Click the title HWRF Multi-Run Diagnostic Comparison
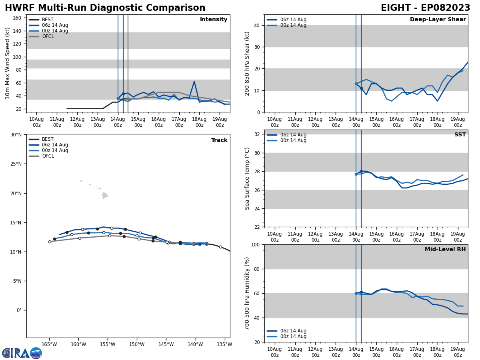point(105,8)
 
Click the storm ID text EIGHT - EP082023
point(425,8)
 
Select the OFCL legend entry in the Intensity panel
point(48,36)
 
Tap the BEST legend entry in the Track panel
point(48,139)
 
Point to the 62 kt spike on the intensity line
point(194,82)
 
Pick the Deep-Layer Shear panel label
point(438,20)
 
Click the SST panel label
point(460,135)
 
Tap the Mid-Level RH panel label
point(445,250)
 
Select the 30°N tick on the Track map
point(16,135)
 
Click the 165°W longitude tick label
point(49,344)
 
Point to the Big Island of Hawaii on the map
point(105,196)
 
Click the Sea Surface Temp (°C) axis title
point(247,178)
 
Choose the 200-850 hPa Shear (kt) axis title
point(247,63)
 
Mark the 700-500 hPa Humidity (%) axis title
point(247,293)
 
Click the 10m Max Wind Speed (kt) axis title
point(8,63)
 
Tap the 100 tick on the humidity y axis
point(255,244)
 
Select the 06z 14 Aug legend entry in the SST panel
point(293,135)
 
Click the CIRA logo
point(22,353)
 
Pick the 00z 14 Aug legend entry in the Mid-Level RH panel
point(293,336)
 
